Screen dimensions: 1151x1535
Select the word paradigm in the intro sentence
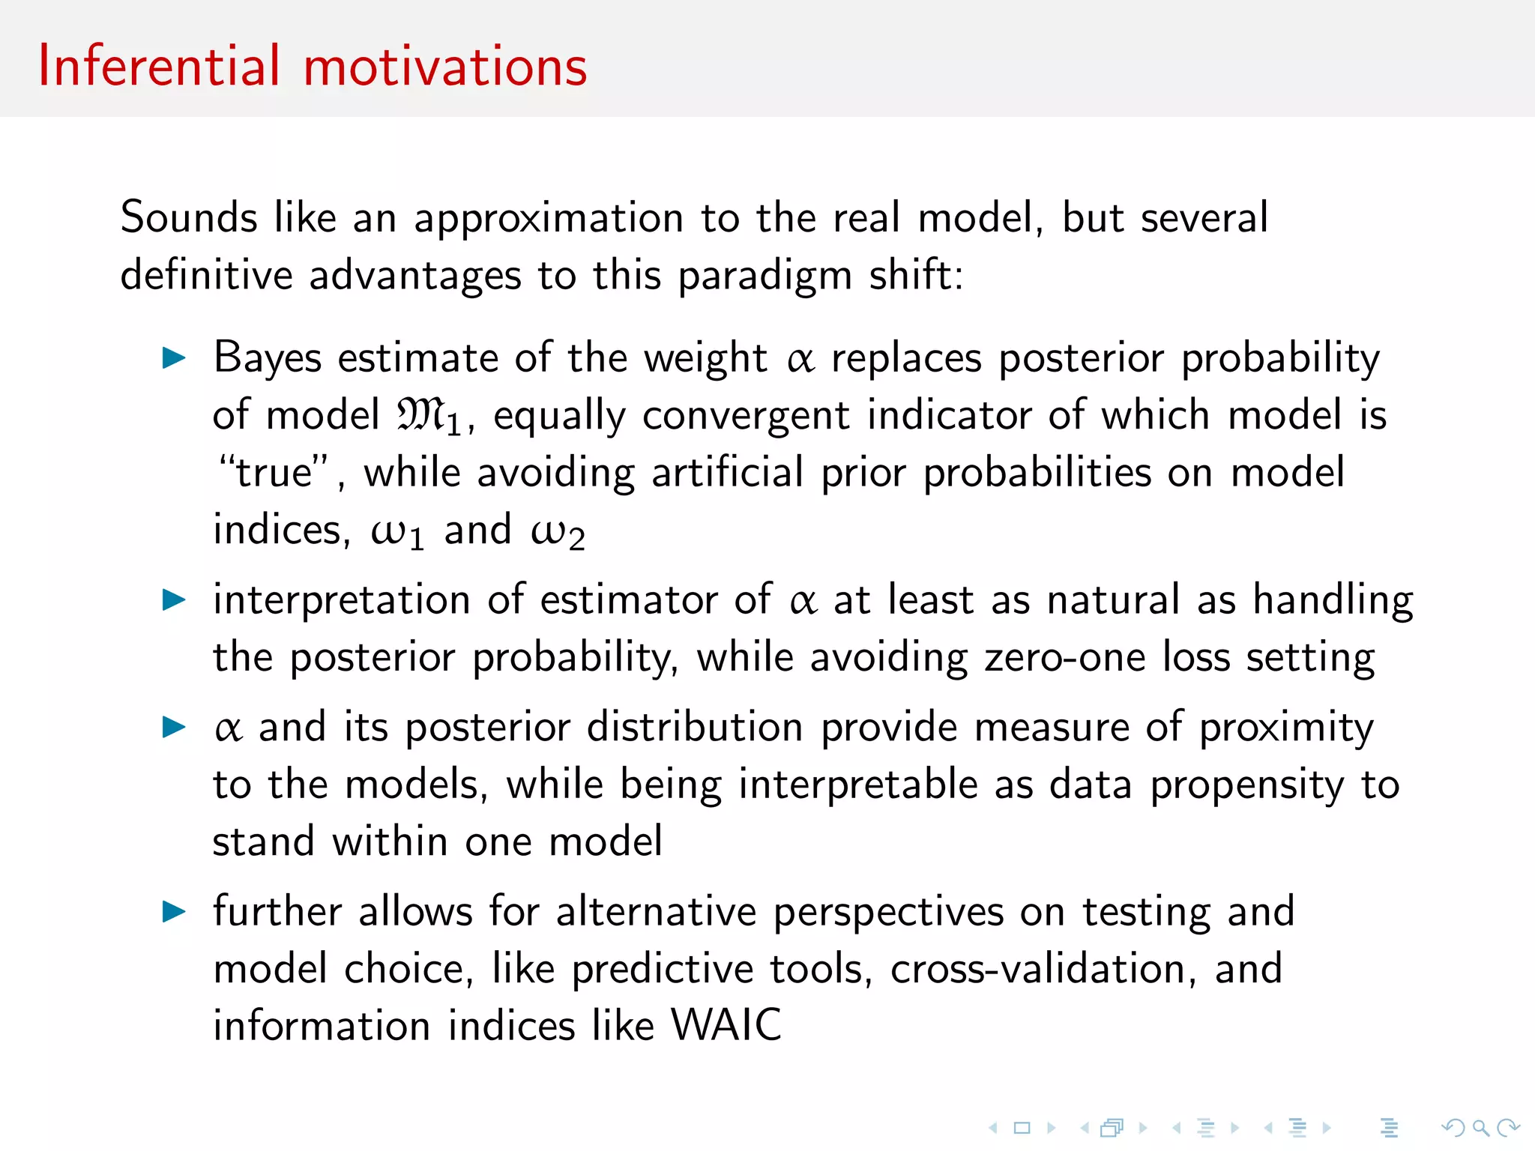[x=765, y=276]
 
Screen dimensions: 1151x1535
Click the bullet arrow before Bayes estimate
[x=174, y=358]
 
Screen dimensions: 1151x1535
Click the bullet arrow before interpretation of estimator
[x=174, y=599]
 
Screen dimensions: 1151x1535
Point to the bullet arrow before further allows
[x=174, y=911]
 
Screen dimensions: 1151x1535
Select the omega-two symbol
[x=557, y=532]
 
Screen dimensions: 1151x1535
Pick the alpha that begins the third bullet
[x=228, y=728]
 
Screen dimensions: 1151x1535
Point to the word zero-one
[x=1064, y=657]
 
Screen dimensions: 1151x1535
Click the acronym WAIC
[x=726, y=1025]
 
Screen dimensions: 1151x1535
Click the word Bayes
[x=268, y=358]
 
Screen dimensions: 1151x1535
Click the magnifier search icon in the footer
[x=1480, y=1127]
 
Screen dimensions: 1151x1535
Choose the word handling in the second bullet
[x=1333, y=600]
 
